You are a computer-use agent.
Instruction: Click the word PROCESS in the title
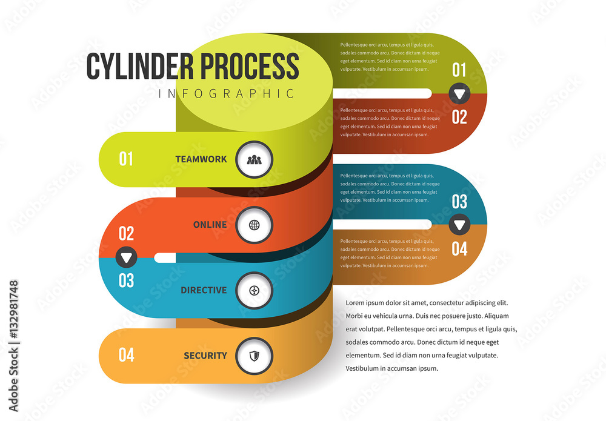[x=249, y=67]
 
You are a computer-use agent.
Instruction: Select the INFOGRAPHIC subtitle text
[x=227, y=94]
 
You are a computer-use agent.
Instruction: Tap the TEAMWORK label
[x=201, y=159]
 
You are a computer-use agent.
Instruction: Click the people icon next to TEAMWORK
[x=254, y=160]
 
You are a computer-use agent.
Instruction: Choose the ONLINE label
[x=210, y=225]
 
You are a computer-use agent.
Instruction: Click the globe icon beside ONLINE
[x=254, y=225]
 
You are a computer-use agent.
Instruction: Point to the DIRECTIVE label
[x=204, y=290]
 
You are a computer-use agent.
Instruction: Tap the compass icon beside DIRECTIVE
[x=254, y=291]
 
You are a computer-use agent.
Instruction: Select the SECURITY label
[x=205, y=356]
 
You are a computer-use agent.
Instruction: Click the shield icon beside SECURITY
[x=254, y=356]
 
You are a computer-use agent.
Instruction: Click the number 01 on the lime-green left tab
[x=125, y=159]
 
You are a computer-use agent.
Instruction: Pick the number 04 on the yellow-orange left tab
[x=126, y=355]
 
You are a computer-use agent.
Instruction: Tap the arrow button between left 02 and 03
[x=126, y=257]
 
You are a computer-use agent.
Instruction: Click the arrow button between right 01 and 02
[x=459, y=94]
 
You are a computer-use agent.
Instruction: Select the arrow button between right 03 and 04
[x=459, y=225]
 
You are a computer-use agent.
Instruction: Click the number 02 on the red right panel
[x=459, y=117]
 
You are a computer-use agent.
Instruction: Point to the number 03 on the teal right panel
[x=459, y=202]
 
